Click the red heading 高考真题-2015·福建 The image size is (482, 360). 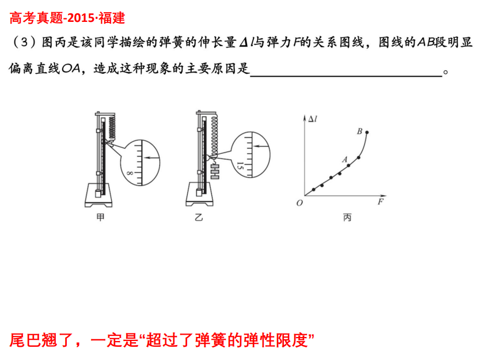pos(67,18)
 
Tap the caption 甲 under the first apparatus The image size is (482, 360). pos(100,217)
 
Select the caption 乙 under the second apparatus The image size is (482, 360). pos(199,217)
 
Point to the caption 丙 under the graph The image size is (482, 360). pos(347,217)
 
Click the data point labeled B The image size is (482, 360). pos(367,132)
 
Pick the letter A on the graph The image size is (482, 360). pos(345,159)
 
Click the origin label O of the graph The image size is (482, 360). pos(299,203)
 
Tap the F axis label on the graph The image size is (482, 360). pos(381,202)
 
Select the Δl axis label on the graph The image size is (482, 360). pos(313,119)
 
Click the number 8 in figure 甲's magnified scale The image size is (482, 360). pos(130,173)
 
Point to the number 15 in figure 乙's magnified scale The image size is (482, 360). pos(240,166)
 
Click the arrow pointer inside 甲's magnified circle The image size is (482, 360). pos(152,158)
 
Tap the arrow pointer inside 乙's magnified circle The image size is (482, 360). pos(261,146)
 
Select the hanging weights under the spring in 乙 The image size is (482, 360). pos(215,172)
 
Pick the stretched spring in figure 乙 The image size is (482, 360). pos(214,135)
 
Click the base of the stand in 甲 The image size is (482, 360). pos(98,195)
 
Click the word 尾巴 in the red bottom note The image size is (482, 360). pos(25,340)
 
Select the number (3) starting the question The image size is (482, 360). pos(24,42)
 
